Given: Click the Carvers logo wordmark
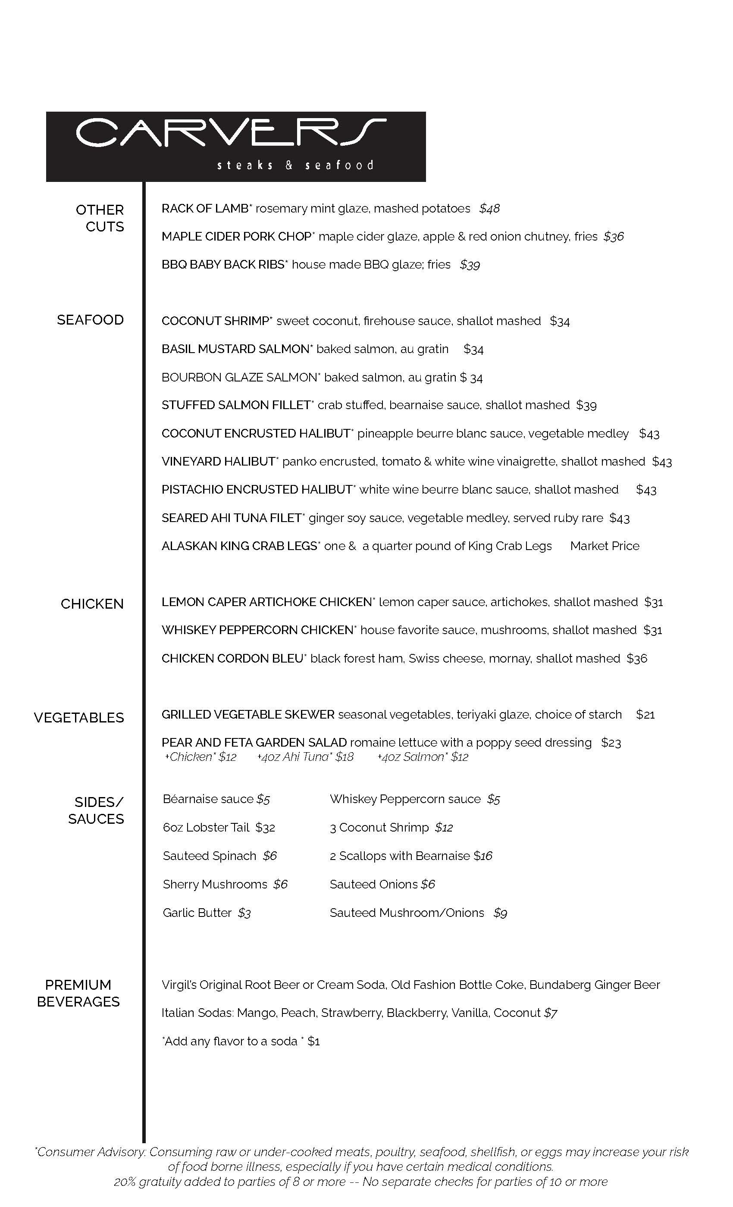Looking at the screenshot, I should click(231, 133).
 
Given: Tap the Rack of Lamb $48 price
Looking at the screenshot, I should click(489, 209).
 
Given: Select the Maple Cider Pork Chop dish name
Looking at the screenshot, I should click(236, 237).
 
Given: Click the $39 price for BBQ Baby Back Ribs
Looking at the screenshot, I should click(470, 265).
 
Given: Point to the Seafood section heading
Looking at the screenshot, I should click(90, 320).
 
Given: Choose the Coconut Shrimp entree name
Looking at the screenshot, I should click(215, 321).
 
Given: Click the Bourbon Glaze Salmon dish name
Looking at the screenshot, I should click(240, 378).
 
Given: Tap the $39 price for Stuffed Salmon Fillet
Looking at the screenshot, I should click(586, 406).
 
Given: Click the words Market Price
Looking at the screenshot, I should click(604, 546).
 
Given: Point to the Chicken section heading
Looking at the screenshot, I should click(92, 604).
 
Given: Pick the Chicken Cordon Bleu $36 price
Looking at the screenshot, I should click(636, 659).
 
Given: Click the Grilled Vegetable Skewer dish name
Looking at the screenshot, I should click(248, 715).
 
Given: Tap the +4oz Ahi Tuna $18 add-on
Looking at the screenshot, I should click(305, 757).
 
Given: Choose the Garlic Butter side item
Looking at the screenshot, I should click(197, 913).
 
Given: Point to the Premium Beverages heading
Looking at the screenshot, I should click(78, 994).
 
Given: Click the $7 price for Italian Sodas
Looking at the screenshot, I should click(551, 1013).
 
